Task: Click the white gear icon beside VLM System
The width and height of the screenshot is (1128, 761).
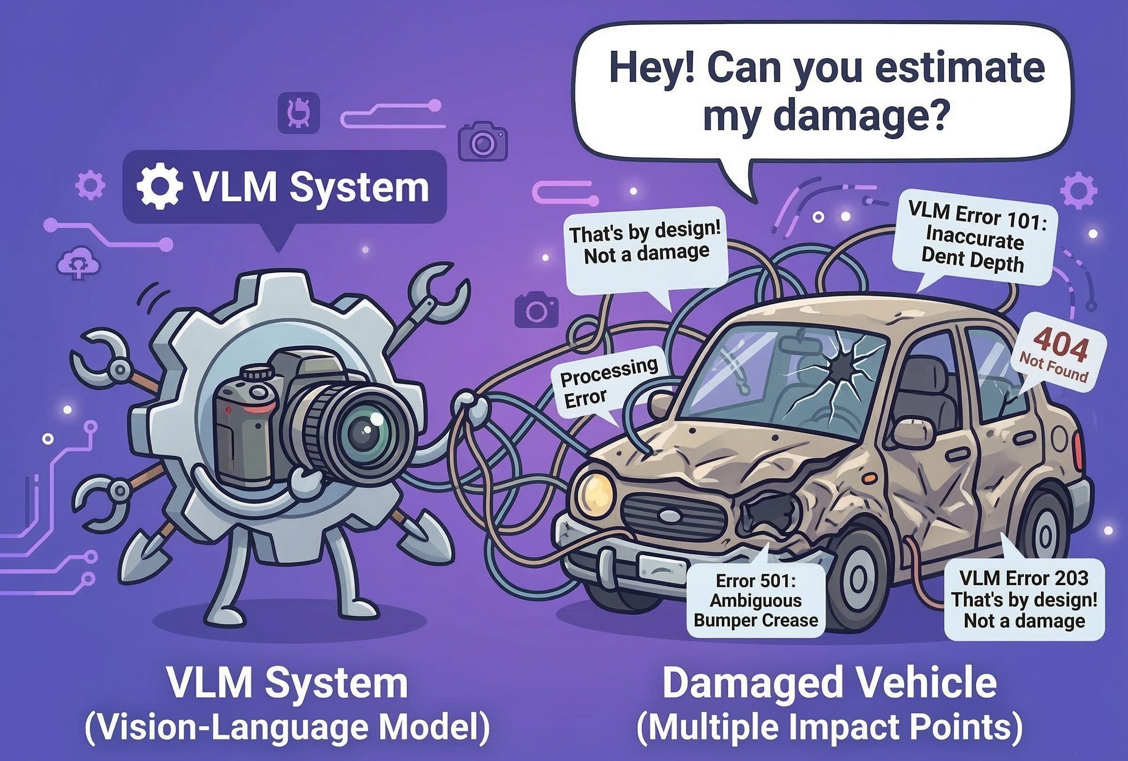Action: coord(159,187)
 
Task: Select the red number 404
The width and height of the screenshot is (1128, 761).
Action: coord(1060,345)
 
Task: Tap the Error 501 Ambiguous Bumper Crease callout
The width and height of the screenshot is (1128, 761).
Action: coord(756,600)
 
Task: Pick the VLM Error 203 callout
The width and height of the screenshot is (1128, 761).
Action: coord(1024,599)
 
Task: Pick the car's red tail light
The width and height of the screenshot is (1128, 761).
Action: coord(1078,452)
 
